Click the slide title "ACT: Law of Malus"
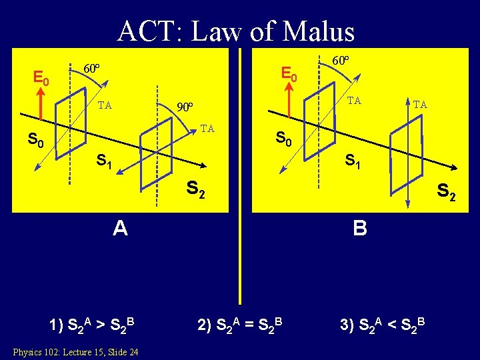[236, 31]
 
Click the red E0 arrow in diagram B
[289, 101]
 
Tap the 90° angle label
[184, 107]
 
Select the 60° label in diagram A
[91, 69]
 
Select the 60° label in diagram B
[340, 61]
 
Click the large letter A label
[120, 229]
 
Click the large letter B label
[360, 229]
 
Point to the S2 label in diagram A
[195, 191]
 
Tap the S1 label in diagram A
[105, 161]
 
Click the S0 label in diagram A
[35, 141]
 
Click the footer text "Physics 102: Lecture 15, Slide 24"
[75, 351]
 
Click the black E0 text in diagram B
[289, 73]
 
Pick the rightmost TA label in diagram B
[420, 104]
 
